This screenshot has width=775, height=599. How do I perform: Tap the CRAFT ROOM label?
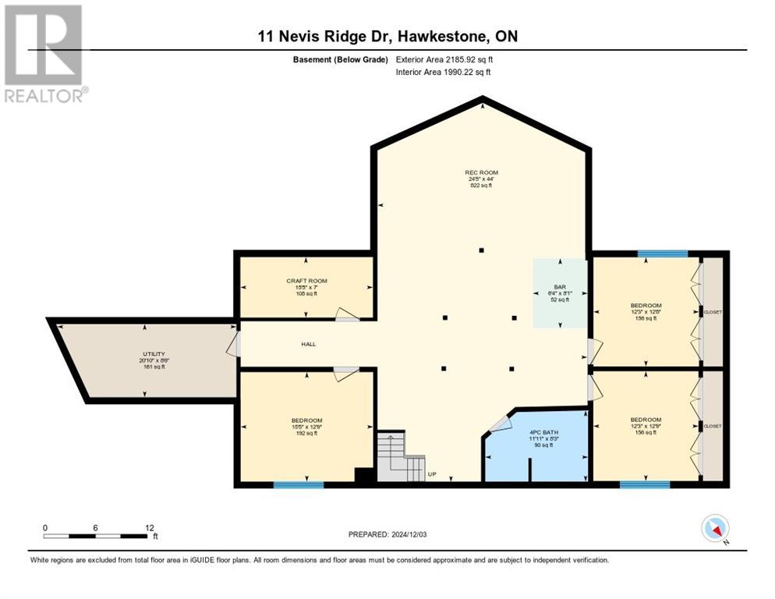coord(306,281)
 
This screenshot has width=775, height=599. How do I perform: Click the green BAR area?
coord(560,293)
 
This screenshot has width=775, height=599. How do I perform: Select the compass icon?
coord(714,529)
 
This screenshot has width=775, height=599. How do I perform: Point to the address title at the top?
coord(387,37)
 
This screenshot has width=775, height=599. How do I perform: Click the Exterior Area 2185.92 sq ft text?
coord(444,59)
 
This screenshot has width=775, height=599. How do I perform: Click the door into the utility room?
coord(233,344)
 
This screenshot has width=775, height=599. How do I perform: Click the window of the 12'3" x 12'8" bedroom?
coord(662,253)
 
